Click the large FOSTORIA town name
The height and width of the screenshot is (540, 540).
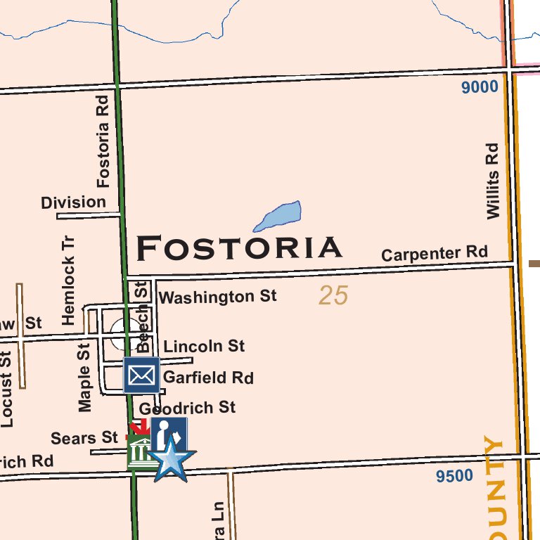pyautogui.click(x=239, y=248)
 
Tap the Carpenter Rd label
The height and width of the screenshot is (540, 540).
pyautogui.click(x=434, y=254)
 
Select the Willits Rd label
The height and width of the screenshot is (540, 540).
pyautogui.click(x=493, y=181)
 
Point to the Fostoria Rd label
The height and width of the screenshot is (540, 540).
pyautogui.click(x=104, y=141)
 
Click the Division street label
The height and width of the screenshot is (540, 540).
pyautogui.click(x=73, y=203)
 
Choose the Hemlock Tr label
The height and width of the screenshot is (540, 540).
pyautogui.click(x=68, y=280)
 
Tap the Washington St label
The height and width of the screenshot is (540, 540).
pyautogui.click(x=218, y=297)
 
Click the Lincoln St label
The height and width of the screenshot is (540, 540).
pyautogui.click(x=204, y=346)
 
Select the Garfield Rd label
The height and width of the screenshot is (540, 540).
pyautogui.click(x=208, y=378)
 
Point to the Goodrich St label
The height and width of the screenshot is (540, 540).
pyautogui.click(x=188, y=408)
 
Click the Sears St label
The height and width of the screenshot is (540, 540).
pyautogui.click(x=84, y=438)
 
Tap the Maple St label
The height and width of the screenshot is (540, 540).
pyautogui.click(x=85, y=377)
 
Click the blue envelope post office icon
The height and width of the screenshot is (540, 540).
pyautogui.click(x=141, y=375)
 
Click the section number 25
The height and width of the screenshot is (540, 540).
pyautogui.click(x=333, y=295)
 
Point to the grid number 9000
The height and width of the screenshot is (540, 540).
pyautogui.click(x=480, y=87)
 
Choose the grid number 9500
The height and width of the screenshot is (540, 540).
pyautogui.click(x=454, y=476)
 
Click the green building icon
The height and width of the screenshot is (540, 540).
pyautogui.click(x=141, y=452)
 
